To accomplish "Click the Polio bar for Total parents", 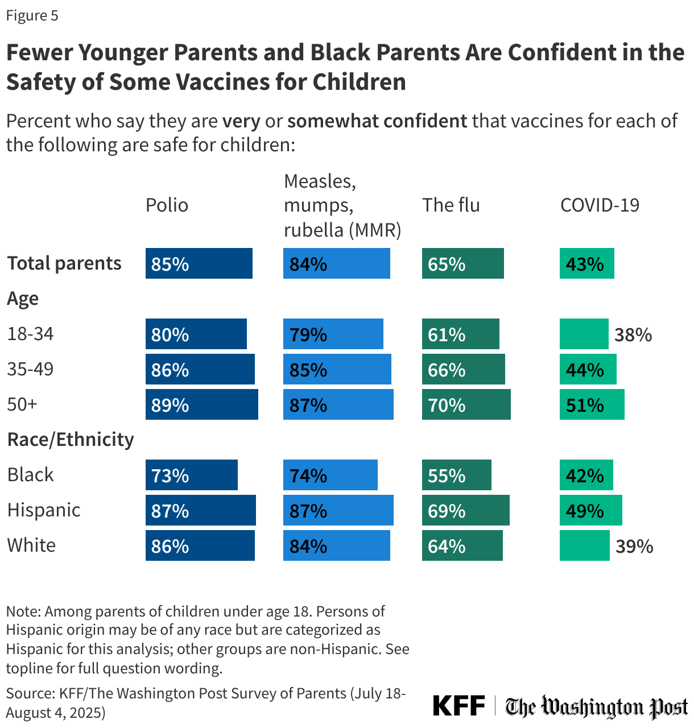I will coord(199,263).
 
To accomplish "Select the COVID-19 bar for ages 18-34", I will coord(584,334).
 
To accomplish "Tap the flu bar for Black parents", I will coord(456,475).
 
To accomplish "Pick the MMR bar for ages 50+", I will coord(338,404).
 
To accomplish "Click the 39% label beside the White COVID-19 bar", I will coord(634,547).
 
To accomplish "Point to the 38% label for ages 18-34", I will coord(633,335).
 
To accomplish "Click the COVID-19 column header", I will coord(600,205).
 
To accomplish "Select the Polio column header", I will coord(167,205).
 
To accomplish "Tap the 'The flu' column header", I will coord(451,205).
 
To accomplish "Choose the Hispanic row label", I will coord(44,510).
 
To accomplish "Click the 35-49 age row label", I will coord(30,369).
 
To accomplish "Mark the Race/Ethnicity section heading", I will coord(71,440).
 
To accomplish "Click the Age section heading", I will coord(23,299).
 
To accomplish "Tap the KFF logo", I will coord(458,706).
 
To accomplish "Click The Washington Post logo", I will coord(596,706).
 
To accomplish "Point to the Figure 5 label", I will coord(32,15).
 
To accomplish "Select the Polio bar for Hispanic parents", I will coord(200,510).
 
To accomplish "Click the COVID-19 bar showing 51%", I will coord(592,404).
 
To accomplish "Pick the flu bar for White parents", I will coord(462,545).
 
